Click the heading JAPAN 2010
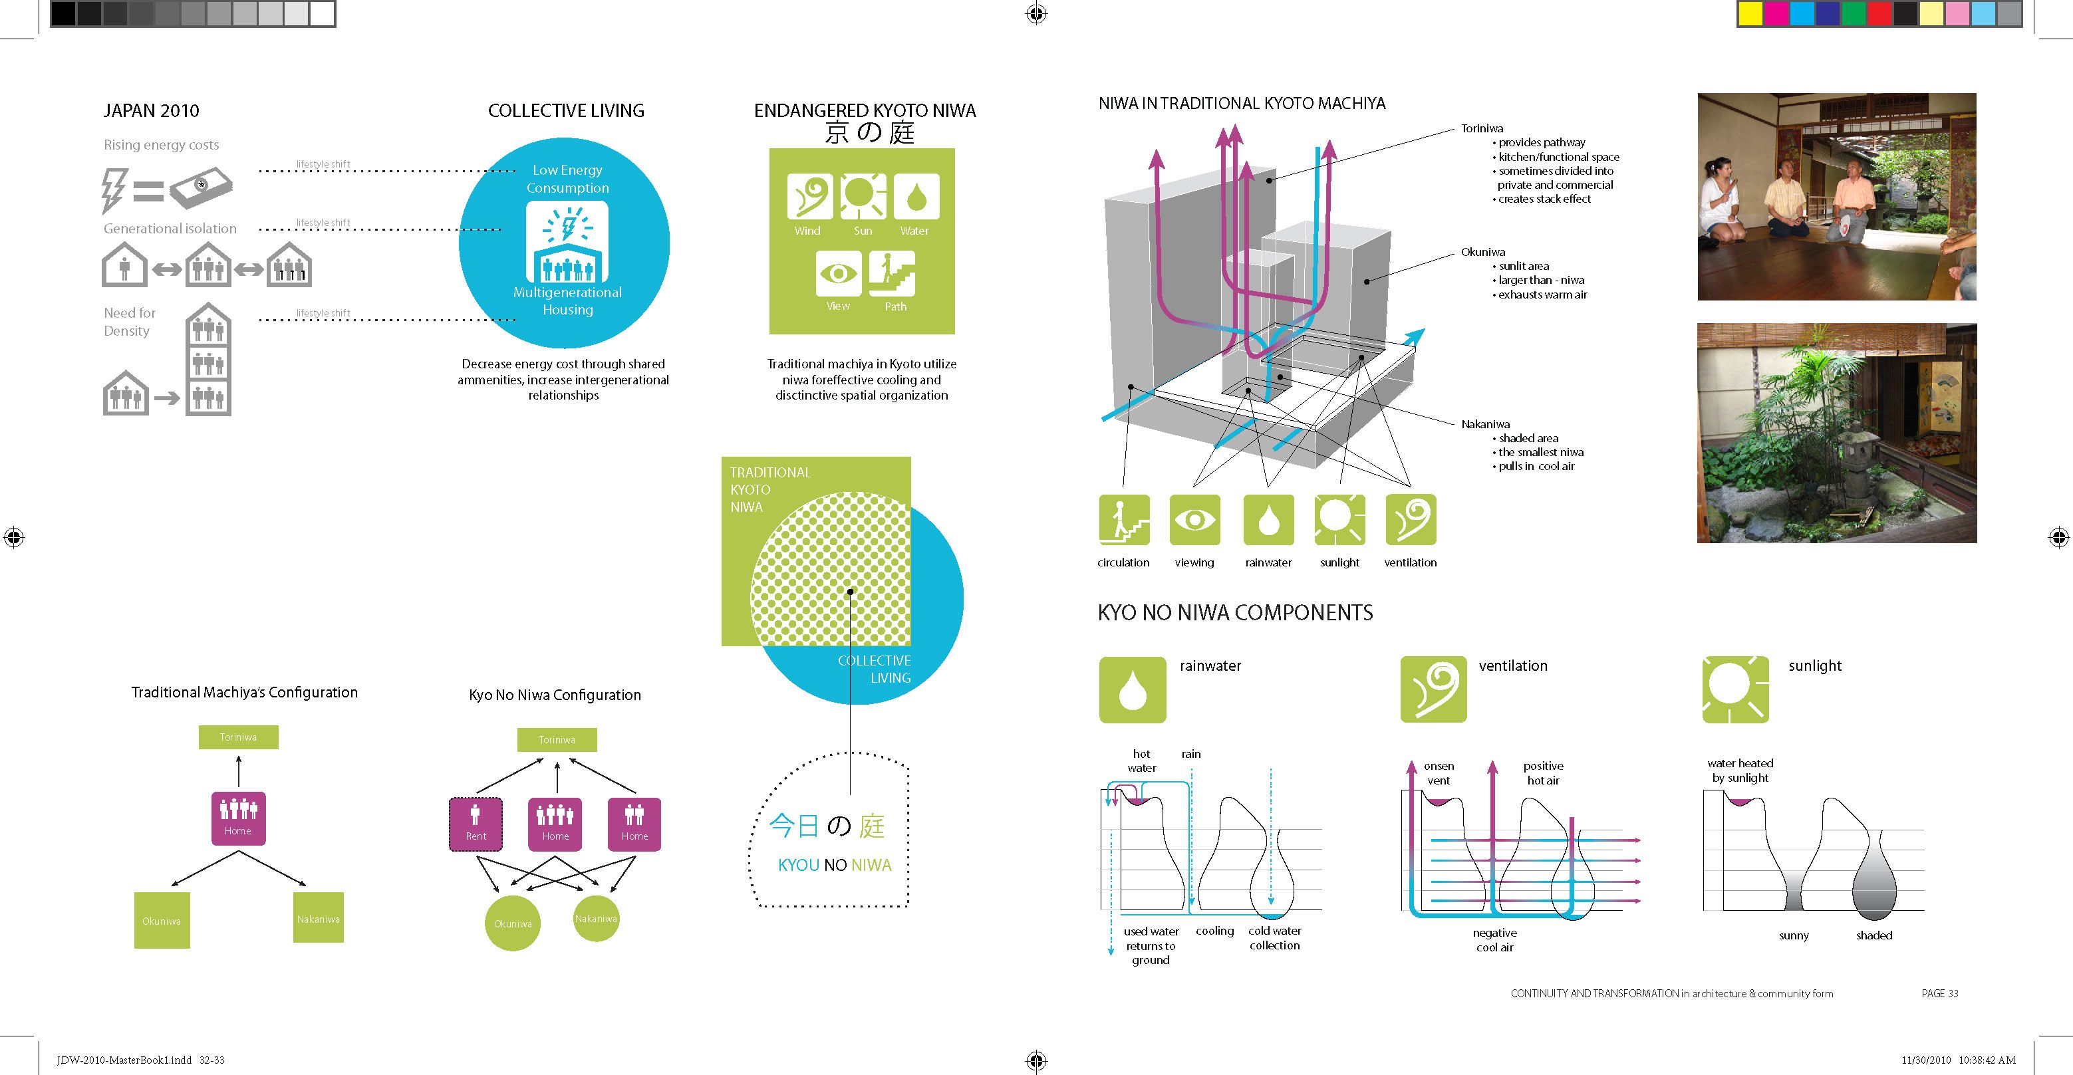[x=151, y=111]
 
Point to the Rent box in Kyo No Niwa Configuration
[x=476, y=824]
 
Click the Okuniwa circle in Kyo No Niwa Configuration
[x=513, y=923]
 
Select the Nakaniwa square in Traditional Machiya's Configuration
[x=318, y=917]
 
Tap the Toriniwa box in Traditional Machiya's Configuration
[x=238, y=737]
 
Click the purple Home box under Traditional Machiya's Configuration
[x=238, y=818]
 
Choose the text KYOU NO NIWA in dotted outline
[x=835, y=865]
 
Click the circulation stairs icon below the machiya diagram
[x=1123, y=520]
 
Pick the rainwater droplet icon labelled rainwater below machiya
[x=1268, y=520]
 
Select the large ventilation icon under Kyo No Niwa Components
[x=1433, y=689]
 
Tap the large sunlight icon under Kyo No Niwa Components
[x=1736, y=689]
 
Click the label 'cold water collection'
[x=1275, y=938]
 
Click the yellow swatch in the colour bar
[x=1750, y=14]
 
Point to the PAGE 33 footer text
[x=1939, y=994]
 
